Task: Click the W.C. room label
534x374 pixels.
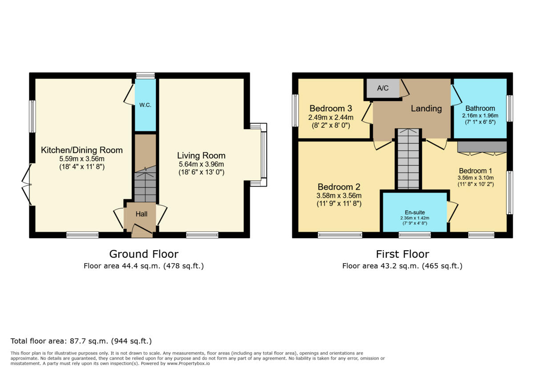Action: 145,106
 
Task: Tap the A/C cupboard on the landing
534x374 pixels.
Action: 383,88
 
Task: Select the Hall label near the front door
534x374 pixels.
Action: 142,214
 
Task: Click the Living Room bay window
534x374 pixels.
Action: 263,154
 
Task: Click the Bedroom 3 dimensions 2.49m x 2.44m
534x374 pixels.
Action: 331,118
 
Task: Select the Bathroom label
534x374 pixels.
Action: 480,108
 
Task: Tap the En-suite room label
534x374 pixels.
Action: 415,212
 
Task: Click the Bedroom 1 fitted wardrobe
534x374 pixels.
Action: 482,147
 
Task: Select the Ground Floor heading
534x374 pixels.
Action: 144,254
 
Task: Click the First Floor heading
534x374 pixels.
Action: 402,254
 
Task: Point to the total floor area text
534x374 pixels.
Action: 81,341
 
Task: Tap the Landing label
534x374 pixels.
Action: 426,108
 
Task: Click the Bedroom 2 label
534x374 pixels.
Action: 339,187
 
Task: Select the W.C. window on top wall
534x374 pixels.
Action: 146,75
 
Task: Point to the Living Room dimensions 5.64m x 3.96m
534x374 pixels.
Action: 201,164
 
